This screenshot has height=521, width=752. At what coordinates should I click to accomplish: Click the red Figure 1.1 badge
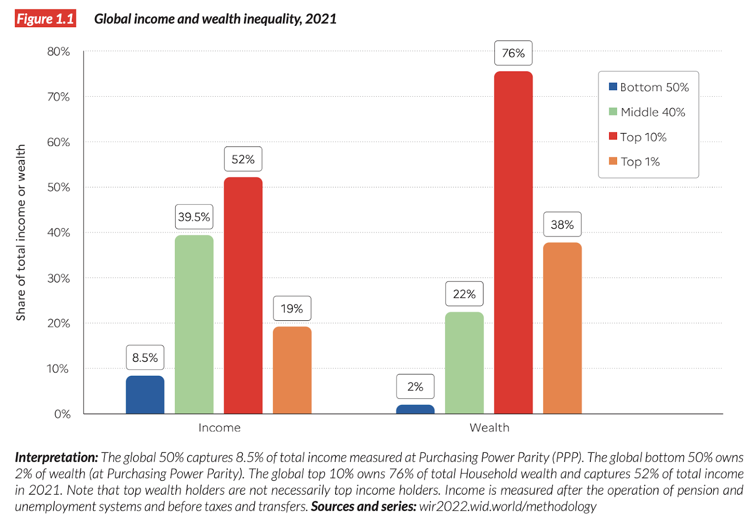[45, 19]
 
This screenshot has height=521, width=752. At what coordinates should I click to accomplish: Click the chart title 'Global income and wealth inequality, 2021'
[215, 19]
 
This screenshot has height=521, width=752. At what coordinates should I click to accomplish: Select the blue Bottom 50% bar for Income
[145, 395]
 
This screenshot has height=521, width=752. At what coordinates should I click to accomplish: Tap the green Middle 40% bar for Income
[194, 324]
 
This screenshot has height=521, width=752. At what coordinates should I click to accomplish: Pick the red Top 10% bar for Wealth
[513, 242]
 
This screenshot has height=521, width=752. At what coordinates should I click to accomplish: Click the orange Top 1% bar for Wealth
[562, 328]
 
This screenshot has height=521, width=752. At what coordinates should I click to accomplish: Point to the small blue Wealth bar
[415, 409]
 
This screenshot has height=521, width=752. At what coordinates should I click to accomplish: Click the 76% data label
[513, 53]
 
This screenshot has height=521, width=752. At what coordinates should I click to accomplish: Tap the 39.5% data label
[194, 217]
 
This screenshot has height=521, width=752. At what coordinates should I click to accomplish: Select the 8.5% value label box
[145, 358]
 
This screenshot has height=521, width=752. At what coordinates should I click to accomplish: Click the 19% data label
[292, 309]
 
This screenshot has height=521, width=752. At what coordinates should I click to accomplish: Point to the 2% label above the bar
[415, 386]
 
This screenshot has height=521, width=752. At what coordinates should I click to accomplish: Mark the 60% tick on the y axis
[58, 142]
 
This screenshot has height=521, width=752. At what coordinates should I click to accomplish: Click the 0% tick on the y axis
[62, 414]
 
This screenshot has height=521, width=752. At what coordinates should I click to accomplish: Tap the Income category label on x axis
[219, 428]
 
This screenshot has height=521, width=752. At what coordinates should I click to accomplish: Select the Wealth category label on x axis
[489, 428]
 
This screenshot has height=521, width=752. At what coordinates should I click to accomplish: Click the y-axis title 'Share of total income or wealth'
[21, 232]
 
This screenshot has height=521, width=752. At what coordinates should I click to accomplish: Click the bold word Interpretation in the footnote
[56, 457]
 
